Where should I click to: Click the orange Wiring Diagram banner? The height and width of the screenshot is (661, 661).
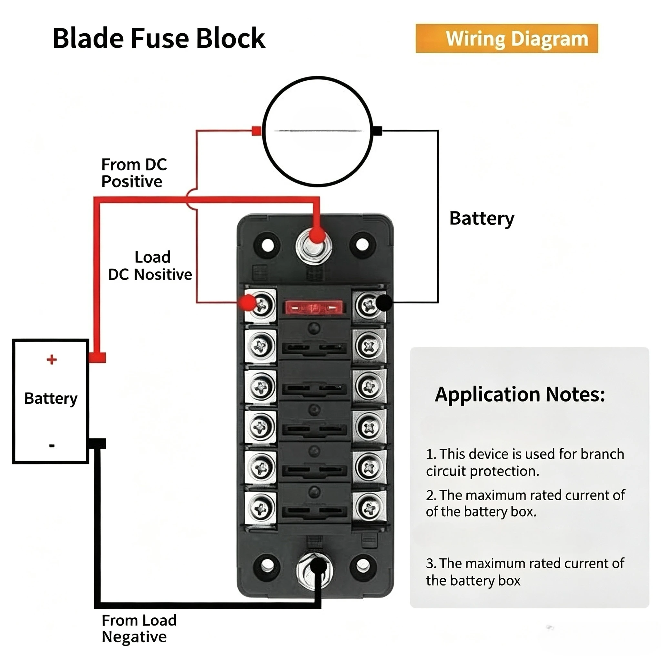tap(507, 38)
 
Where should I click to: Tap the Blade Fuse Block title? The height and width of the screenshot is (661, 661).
tap(159, 38)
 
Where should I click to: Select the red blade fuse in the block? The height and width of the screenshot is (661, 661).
tap(314, 308)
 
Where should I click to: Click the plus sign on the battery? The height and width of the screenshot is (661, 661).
tap(52, 360)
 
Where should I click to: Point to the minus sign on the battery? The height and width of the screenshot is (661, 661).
tap(52, 445)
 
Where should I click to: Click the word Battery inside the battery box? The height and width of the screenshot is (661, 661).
tap(51, 399)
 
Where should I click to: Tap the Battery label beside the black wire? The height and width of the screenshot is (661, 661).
tap(482, 219)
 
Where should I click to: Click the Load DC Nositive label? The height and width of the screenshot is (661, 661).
tap(150, 266)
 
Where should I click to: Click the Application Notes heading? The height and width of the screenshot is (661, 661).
tap(520, 394)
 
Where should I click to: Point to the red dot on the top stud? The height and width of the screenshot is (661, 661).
tap(317, 235)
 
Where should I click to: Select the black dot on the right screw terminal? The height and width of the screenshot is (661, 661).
tap(384, 303)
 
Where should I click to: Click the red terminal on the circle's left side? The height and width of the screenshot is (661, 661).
tap(257, 131)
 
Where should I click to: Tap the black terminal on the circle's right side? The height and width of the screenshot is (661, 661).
tap(377, 131)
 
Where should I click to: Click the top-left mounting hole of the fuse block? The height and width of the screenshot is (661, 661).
tap(268, 245)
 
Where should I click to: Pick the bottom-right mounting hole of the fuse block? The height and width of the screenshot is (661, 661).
tap(362, 566)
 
